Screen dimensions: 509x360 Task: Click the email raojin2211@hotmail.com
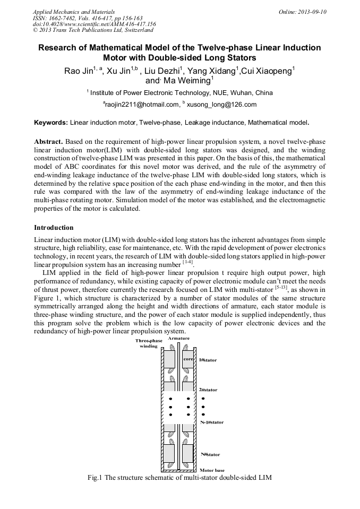pyautogui.click(x=141, y=105)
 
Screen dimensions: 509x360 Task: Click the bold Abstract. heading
pyautogui.click(x=49, y=142)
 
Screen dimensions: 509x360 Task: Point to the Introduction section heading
pyautogui.click(x=54, y=228)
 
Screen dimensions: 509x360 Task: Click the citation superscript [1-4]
pyautogui.click(x=187, y=262)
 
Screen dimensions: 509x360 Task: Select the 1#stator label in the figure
pyautogui.click(x=208, y=360)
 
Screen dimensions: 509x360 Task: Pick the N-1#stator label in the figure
pyautogui.click(x=211, y=422)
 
